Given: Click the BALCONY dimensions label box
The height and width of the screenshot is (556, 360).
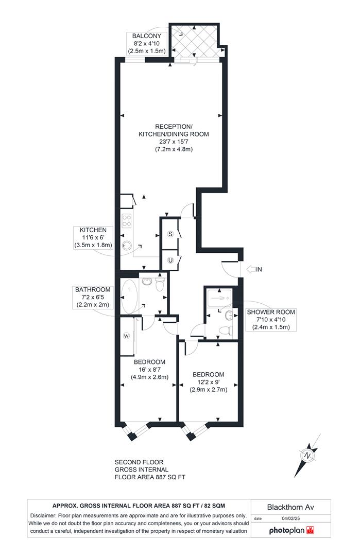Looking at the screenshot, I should click(147, 43).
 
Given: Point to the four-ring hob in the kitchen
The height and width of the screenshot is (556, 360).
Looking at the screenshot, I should click(127, 221).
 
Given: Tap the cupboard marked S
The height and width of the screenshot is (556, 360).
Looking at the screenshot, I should click(170, 234).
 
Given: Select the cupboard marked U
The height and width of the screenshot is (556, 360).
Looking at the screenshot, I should click(170, 260).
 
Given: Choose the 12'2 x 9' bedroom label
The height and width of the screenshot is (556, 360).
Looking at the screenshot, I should click(209, 381).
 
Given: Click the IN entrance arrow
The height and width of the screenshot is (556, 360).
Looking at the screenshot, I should click(255, 269).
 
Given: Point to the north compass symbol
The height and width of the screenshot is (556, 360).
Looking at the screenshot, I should click(307, 456).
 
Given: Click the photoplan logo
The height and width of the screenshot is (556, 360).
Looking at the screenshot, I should click(291, 530).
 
